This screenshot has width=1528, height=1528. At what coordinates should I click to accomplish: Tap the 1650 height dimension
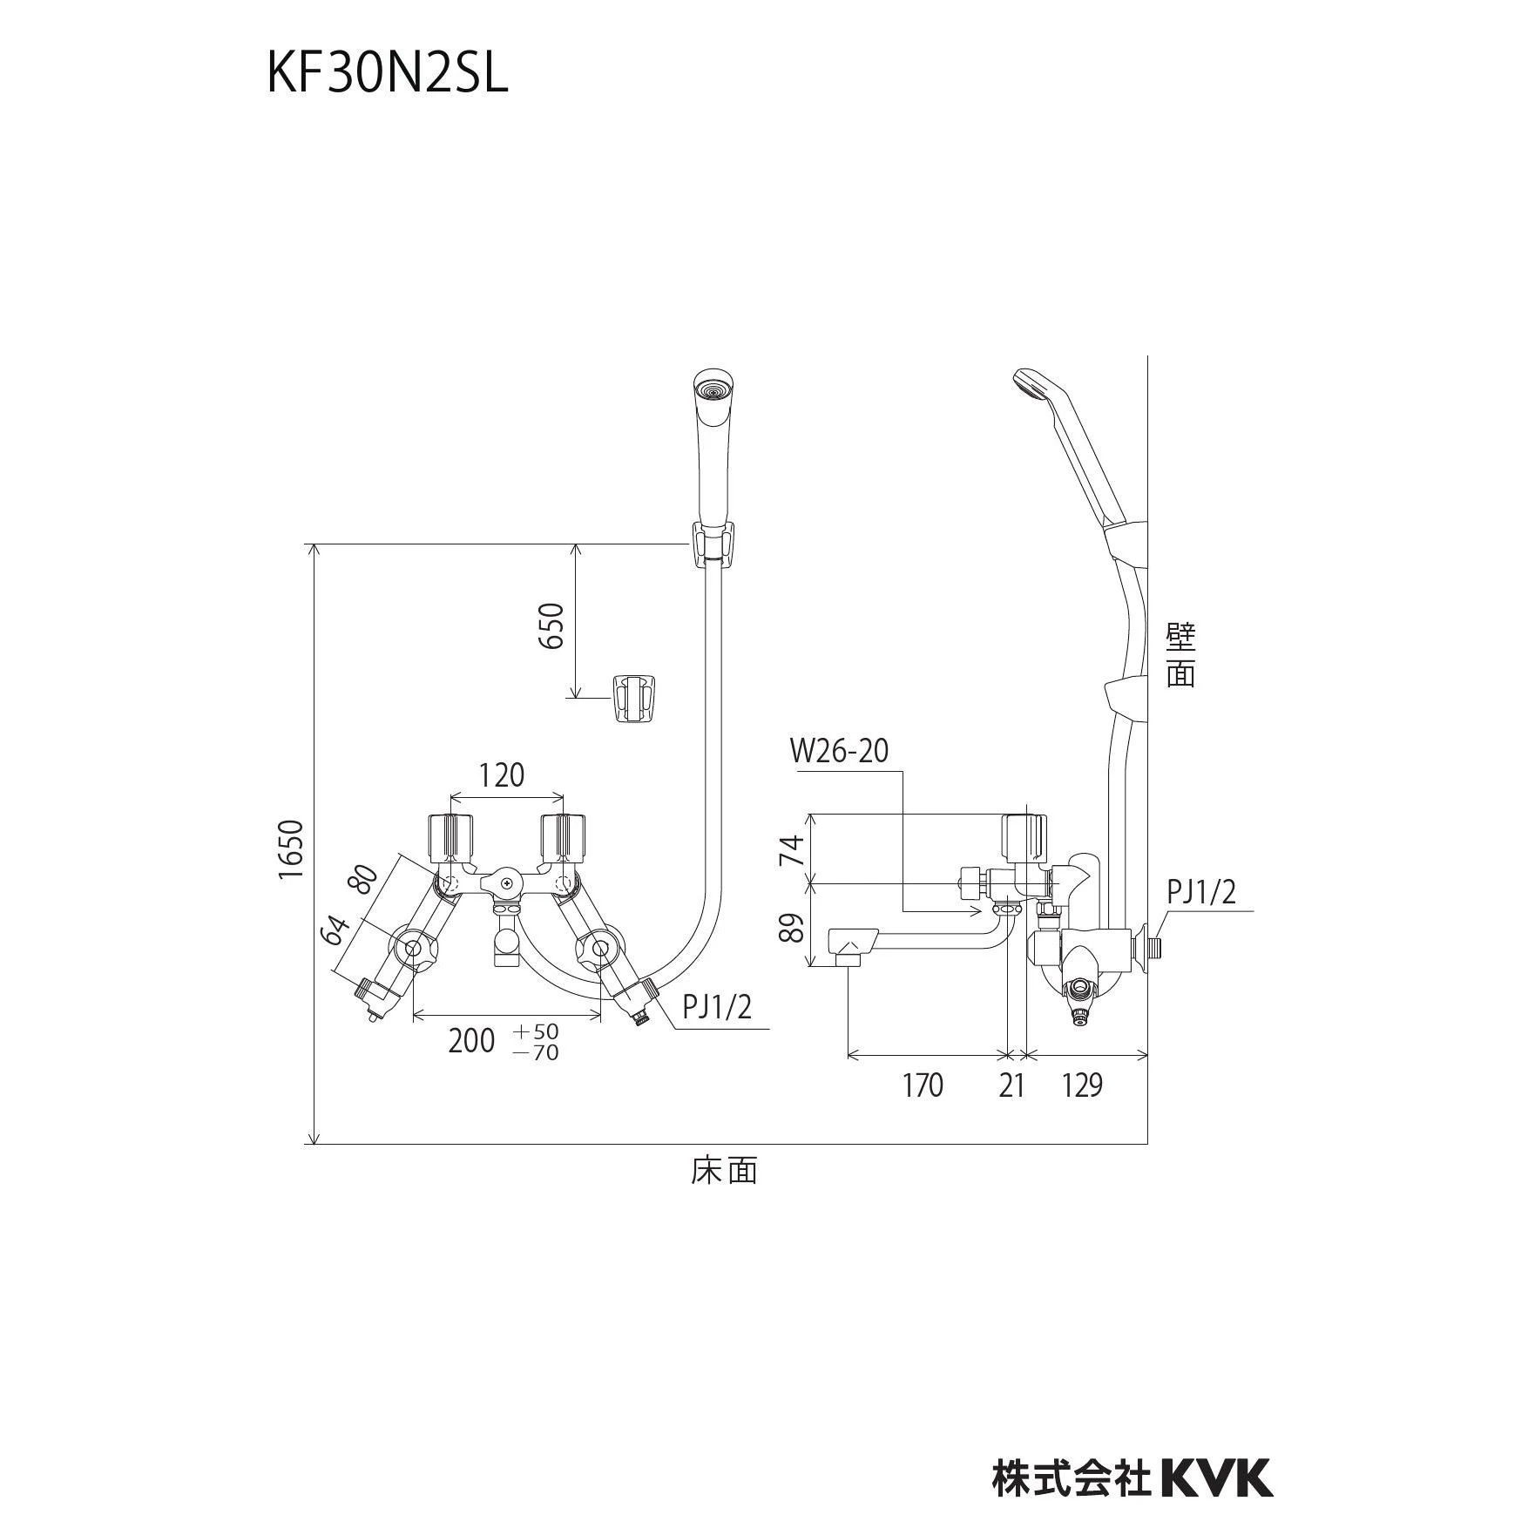pos(292,849)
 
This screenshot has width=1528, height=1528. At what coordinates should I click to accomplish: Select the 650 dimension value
pos(551,625)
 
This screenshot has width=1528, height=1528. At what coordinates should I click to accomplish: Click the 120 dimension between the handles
pos(502,774)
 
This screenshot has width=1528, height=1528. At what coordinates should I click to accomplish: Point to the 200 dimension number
pos(471,1040)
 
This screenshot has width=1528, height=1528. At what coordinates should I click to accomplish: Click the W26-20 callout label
pos(840,751)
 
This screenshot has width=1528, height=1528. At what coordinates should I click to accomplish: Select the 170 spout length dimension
pos(922,1085)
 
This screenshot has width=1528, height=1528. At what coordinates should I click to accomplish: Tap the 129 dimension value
pos(1082,1085)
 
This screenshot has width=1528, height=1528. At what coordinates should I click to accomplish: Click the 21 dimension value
pos(1011,1085)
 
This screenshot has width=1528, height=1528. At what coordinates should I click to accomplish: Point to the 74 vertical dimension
pos(790,849)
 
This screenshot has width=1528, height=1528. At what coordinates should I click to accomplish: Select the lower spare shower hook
pos(635,698)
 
